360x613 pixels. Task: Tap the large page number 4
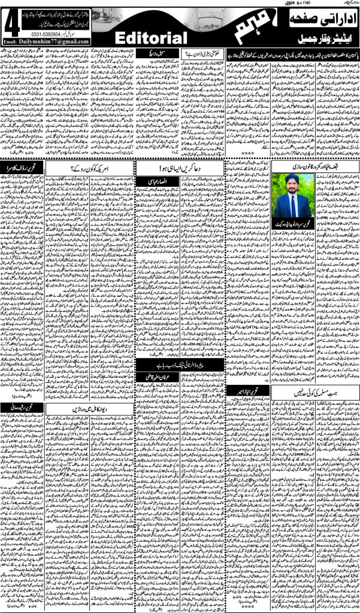click(x=10, y=25)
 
